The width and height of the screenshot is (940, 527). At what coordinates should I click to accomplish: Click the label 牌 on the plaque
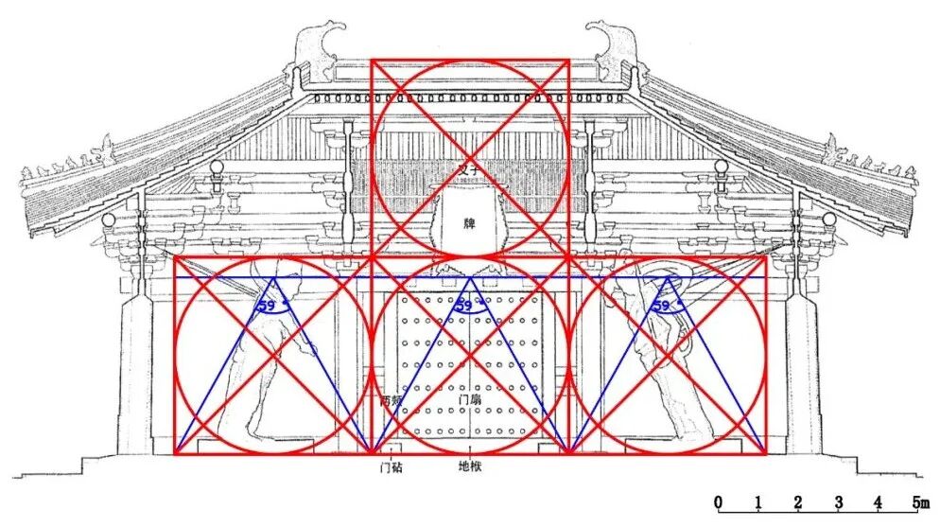click(x=469, y=223)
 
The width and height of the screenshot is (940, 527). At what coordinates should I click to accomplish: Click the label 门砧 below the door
click(x=392, y=466)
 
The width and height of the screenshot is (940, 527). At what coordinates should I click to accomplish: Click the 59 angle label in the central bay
click(x=464, y=305)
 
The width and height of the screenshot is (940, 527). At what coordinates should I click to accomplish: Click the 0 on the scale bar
click(x=719, y=501)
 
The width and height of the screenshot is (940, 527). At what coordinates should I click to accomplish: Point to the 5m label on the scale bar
click(x=918, y=501)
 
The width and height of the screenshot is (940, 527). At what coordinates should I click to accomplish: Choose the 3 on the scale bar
click(x=839, y=501)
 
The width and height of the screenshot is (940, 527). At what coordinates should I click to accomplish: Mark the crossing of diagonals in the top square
click(x=470, y=158)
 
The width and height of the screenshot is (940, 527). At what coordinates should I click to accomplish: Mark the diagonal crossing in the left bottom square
click(x=272, y=355)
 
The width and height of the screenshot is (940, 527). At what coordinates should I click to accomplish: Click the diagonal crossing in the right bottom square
click(x=668, y=355)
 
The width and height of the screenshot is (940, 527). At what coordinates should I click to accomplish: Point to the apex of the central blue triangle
click(x=470, y=277)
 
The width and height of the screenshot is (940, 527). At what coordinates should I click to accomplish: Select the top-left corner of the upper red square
click(x=372, y=60)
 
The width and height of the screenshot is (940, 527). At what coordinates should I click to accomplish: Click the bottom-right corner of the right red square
click(x=766, y=453)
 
